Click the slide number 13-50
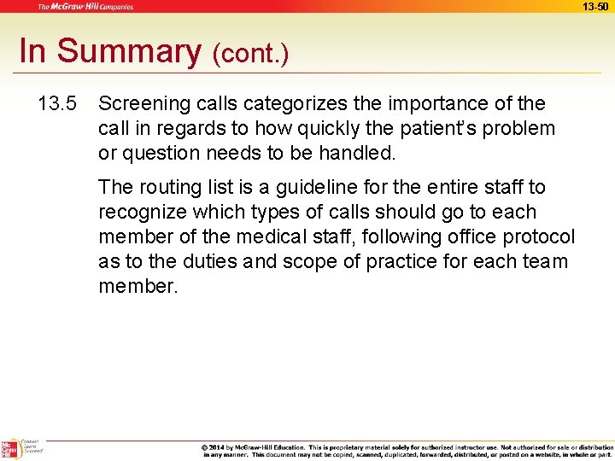click(594, 6)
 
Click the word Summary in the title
click(128, 51)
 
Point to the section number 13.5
click(57, 104)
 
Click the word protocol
click(536, 236)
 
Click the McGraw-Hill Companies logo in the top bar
click(85, 7)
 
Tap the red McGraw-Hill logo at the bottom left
click(10, 449)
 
